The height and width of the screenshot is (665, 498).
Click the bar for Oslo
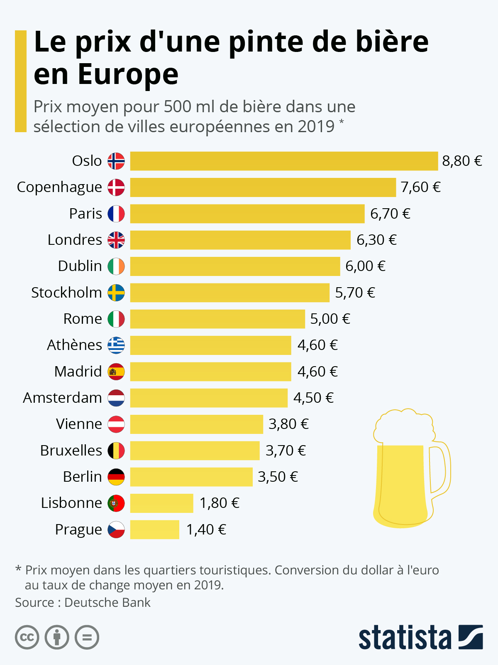coord(284,161)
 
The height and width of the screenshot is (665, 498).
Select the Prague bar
coord(154,530)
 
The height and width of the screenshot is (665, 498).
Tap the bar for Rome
coord(217,319)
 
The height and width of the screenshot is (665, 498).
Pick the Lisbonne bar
coord(161,503)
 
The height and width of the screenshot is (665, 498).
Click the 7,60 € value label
coord(420,187)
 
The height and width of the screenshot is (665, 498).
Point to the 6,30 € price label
coord(376,240)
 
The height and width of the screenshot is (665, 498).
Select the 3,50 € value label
coord(278,477)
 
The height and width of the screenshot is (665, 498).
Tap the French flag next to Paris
coord(116,214)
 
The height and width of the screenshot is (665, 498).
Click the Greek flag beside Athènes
coord(116,345)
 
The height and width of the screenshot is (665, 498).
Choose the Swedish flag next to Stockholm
coord(116,293)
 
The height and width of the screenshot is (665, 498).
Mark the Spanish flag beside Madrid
coord(116,372)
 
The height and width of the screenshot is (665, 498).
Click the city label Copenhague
coord(59,187)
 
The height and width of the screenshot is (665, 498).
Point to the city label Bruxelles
coord(71,451)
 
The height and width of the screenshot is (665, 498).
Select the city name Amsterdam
coord(62,398)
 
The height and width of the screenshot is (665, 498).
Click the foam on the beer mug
coord(403,426)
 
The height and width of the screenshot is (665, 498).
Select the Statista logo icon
coord(471,637)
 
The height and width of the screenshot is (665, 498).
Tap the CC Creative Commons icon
coord(27,637)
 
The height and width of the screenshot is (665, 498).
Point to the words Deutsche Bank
coord(107,602)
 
